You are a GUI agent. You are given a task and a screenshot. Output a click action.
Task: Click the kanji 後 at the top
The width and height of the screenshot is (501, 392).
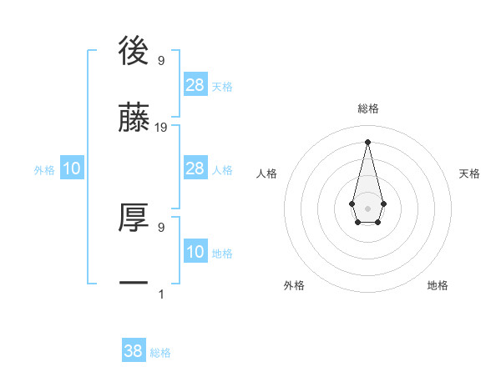coord(134,52)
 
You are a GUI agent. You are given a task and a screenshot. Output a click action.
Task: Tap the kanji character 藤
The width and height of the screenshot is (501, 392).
coord(134,118)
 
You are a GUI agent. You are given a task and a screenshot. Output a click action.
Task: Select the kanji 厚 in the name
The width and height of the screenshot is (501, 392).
coord(134,219)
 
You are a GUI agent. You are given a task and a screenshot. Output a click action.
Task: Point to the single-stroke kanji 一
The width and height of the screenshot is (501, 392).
coord(134,284)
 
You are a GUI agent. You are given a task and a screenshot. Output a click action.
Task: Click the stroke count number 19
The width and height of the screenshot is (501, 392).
coord(161,128)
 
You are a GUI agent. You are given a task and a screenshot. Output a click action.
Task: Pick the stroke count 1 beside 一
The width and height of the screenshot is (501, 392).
coord(161,294)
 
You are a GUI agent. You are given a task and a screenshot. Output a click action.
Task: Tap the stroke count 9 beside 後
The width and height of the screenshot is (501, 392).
coord(161,61)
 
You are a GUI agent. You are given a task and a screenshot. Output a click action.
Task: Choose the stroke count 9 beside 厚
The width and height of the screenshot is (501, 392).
coord(161,227)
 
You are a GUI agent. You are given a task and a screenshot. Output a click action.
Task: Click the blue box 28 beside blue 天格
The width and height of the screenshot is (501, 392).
coord(195,85)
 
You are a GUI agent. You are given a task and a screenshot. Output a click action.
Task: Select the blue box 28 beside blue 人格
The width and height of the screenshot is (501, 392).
coord(195,168)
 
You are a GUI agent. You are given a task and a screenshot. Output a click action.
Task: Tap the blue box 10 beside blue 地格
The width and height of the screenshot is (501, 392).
coord(195,252)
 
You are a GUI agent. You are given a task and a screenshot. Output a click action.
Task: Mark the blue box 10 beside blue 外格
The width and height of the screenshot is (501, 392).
coord(72,168)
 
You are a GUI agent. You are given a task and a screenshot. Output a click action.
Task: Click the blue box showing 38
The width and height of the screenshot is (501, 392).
coord(134,351)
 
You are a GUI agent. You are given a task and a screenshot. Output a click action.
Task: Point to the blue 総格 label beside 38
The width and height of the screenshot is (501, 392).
coord(160,353)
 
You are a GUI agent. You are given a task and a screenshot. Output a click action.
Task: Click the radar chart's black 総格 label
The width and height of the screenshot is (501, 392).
coord(368,108)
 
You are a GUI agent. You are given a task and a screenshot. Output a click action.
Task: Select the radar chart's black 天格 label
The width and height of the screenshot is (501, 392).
coord(469,173)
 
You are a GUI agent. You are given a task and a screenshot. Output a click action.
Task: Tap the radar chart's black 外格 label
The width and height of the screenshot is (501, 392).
coord(294,285)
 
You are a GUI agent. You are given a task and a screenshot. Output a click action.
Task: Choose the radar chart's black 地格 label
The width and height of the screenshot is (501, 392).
coord(438,285)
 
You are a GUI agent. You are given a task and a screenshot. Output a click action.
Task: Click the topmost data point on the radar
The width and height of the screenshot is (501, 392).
coord(367,141)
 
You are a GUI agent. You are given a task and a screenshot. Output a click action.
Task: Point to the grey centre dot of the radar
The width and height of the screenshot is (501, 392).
coord(367,208)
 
